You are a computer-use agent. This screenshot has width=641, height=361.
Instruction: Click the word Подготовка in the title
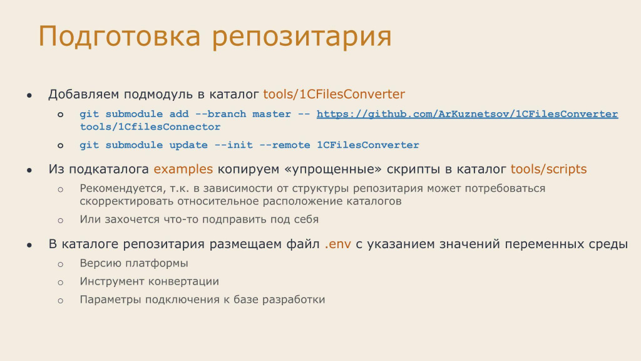point(120,36)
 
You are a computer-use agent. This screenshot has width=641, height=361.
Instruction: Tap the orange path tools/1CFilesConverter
point(334,94)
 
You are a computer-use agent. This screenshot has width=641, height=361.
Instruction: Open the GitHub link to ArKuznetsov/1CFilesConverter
point(467,114)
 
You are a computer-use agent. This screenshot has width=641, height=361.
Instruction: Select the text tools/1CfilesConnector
point(150,127)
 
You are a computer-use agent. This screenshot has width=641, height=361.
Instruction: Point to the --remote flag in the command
point(285,145)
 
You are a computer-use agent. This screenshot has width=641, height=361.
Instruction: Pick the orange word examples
point(183,169)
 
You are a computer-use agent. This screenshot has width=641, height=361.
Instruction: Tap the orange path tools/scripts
point(548,169)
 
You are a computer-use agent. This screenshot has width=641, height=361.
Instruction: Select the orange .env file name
point(337,244)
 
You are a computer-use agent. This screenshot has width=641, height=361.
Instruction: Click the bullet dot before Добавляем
point(29,96)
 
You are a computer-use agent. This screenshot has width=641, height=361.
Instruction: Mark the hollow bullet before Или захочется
point(61,221)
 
